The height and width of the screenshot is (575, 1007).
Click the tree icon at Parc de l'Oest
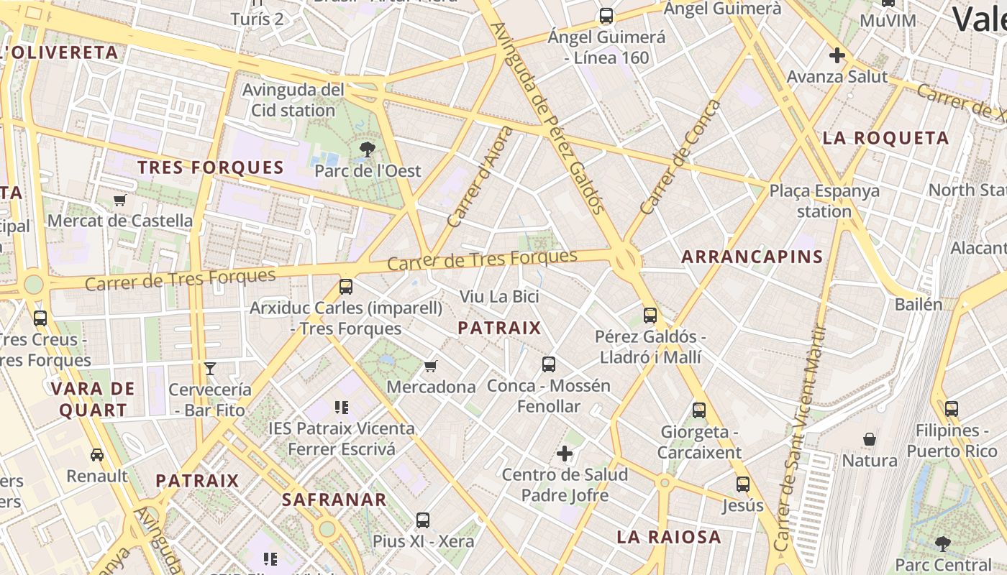point(367,149)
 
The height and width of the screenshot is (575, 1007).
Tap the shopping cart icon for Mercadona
point(431,367)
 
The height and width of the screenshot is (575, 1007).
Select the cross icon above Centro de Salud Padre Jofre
point(565,454)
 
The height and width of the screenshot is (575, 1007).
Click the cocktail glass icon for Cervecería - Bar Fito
point(210,369)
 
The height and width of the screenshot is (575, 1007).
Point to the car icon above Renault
point(96,454)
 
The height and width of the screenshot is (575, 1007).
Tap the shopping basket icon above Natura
point(870,438)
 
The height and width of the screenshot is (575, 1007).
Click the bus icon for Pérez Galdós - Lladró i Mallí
point(650,315)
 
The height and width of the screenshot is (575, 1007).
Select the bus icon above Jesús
point(743,484)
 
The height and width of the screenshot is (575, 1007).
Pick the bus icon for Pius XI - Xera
point(423,520)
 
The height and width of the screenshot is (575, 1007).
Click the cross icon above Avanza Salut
point(837,55)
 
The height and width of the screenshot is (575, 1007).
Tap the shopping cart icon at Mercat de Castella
point(120,200)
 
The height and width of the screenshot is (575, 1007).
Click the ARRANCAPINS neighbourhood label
point(752,257)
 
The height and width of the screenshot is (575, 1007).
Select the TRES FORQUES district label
point(211,167)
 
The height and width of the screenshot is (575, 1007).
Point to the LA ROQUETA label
point(885,138)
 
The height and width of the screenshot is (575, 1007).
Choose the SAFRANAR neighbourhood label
point(334,499)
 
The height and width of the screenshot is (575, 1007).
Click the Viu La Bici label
point(499,296)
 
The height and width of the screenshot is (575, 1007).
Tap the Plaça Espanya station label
point(824,201)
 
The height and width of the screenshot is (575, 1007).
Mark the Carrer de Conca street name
point(680,158)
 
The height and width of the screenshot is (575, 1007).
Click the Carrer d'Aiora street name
point(480,177)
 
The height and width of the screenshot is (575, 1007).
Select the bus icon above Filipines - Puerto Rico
point(952,408)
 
